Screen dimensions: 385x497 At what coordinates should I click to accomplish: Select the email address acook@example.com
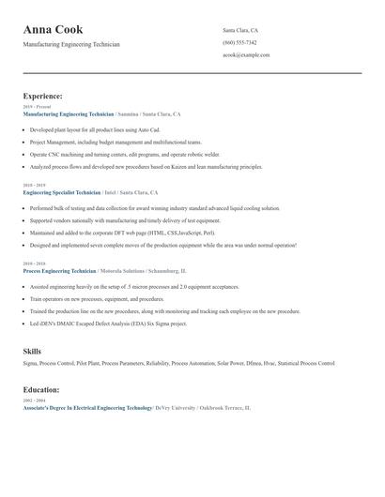tap(246, 55)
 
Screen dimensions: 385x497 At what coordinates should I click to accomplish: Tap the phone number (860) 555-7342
tap(239, 43)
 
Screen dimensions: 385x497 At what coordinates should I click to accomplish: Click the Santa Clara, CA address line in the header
tap(240, 31)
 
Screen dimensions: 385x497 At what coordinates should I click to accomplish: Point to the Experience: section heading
tap(43, 96)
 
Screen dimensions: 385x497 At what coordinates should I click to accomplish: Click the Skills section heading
tap(32, 351)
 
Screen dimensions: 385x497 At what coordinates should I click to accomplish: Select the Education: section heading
tap(41, 388)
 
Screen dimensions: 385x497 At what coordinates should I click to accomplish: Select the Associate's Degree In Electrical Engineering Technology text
tap(87, 408)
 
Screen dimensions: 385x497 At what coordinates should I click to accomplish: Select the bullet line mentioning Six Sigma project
tap(108, 324)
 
